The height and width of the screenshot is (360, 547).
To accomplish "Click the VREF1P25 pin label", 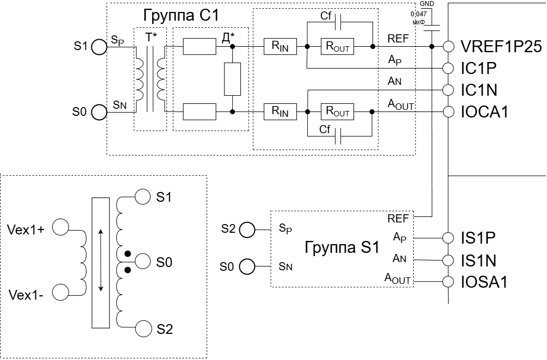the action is coord(501,46).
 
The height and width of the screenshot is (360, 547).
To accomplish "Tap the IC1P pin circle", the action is coord(448,68).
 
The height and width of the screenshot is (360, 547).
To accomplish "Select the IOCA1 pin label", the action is coord(484,112).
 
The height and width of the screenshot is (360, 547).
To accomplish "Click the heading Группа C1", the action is coord(181,16).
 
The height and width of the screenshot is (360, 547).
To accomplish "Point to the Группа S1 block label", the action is coord(342,247).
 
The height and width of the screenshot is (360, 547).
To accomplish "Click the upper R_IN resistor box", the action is coord(280,46).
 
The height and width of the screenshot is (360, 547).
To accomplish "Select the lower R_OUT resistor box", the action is coord(337,111).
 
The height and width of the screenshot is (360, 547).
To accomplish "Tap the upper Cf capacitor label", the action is coord(326,16).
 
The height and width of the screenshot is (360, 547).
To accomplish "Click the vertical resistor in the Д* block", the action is coord(232,79).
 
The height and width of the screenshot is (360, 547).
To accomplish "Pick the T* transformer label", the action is coord(151,37).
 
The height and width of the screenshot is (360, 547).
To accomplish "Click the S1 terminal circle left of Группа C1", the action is coord(99,47).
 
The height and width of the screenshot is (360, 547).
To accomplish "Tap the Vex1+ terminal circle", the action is coord(61,227).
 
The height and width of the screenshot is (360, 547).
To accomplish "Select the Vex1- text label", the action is coord(26,295).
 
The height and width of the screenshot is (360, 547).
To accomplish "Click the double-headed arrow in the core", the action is coord(101,260).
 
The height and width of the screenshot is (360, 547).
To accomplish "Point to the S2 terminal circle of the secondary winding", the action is coord(144,328).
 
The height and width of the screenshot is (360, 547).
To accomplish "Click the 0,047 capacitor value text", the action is coord(419,14).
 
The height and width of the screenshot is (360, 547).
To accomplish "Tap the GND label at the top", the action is coord(427,4).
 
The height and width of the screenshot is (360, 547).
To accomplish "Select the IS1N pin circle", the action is coord(448,260).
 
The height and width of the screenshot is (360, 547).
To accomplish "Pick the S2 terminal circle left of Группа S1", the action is coord(247,229).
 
